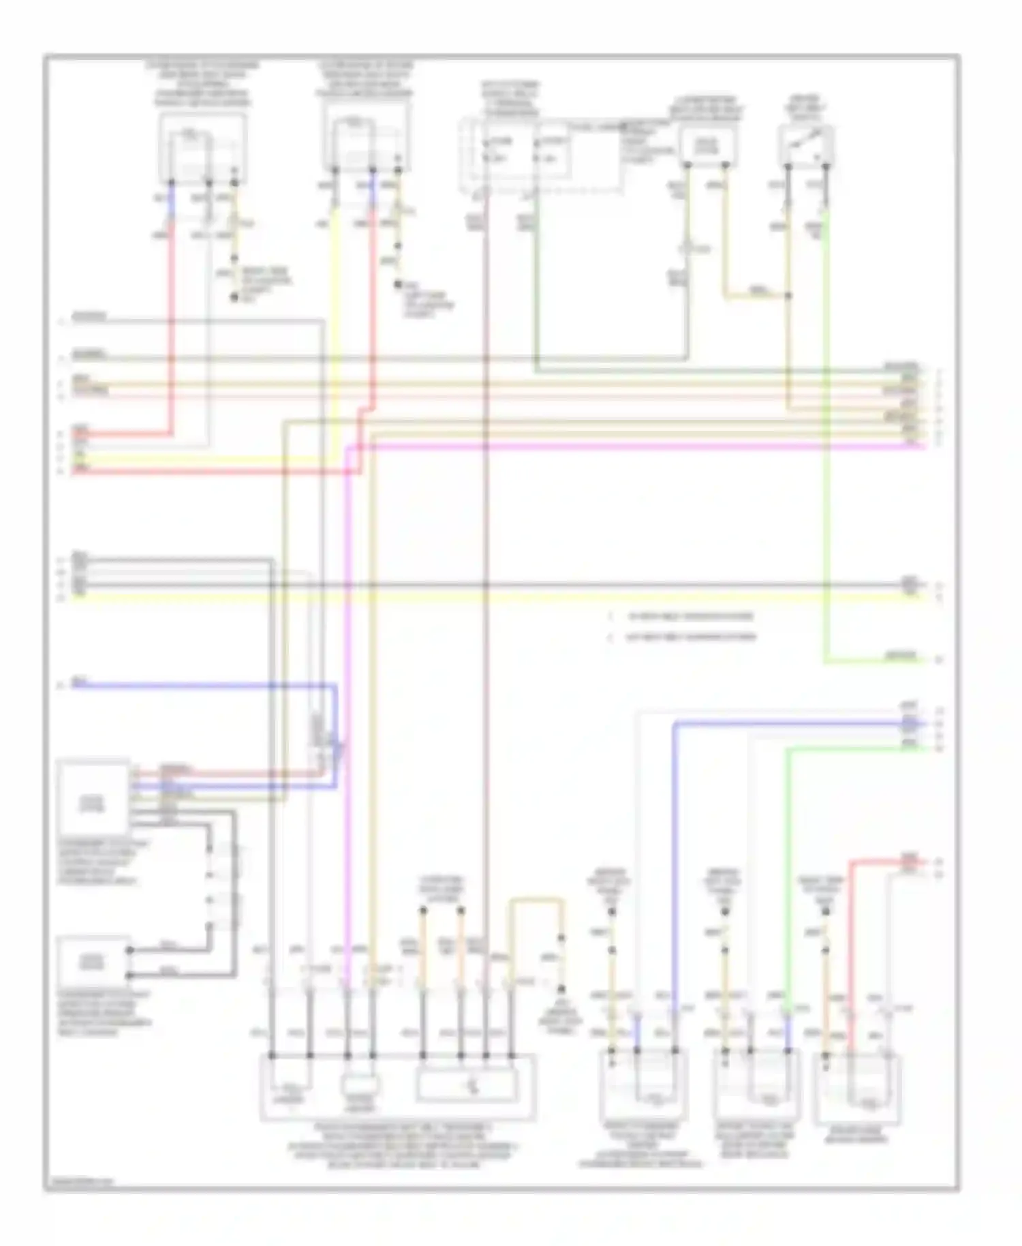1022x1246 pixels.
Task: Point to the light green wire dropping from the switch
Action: (x=826, y=409)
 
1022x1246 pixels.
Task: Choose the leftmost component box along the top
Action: (x=202, y=148)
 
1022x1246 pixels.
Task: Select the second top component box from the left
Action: (x=366, y=145)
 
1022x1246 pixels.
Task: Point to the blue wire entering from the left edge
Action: (x=204, y=685)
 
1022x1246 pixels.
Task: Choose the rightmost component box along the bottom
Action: (x=857, y=1089)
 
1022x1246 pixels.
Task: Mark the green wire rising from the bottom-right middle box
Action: (x=787, y=886)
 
